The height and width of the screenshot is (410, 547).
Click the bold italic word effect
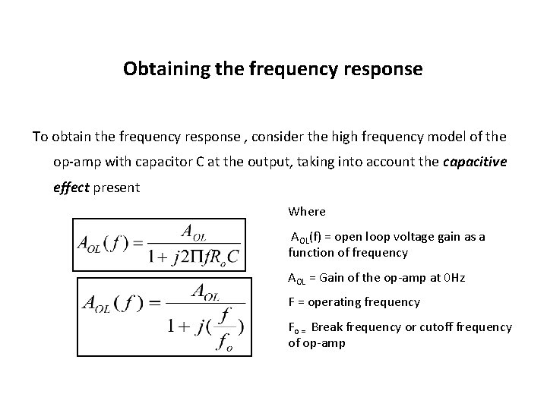(71, 187)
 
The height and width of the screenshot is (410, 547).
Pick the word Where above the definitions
(307, 211)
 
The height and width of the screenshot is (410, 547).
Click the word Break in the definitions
(327, 326)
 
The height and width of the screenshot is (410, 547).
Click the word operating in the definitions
(340, 302)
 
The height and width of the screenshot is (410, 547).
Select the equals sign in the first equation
(136, 244)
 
